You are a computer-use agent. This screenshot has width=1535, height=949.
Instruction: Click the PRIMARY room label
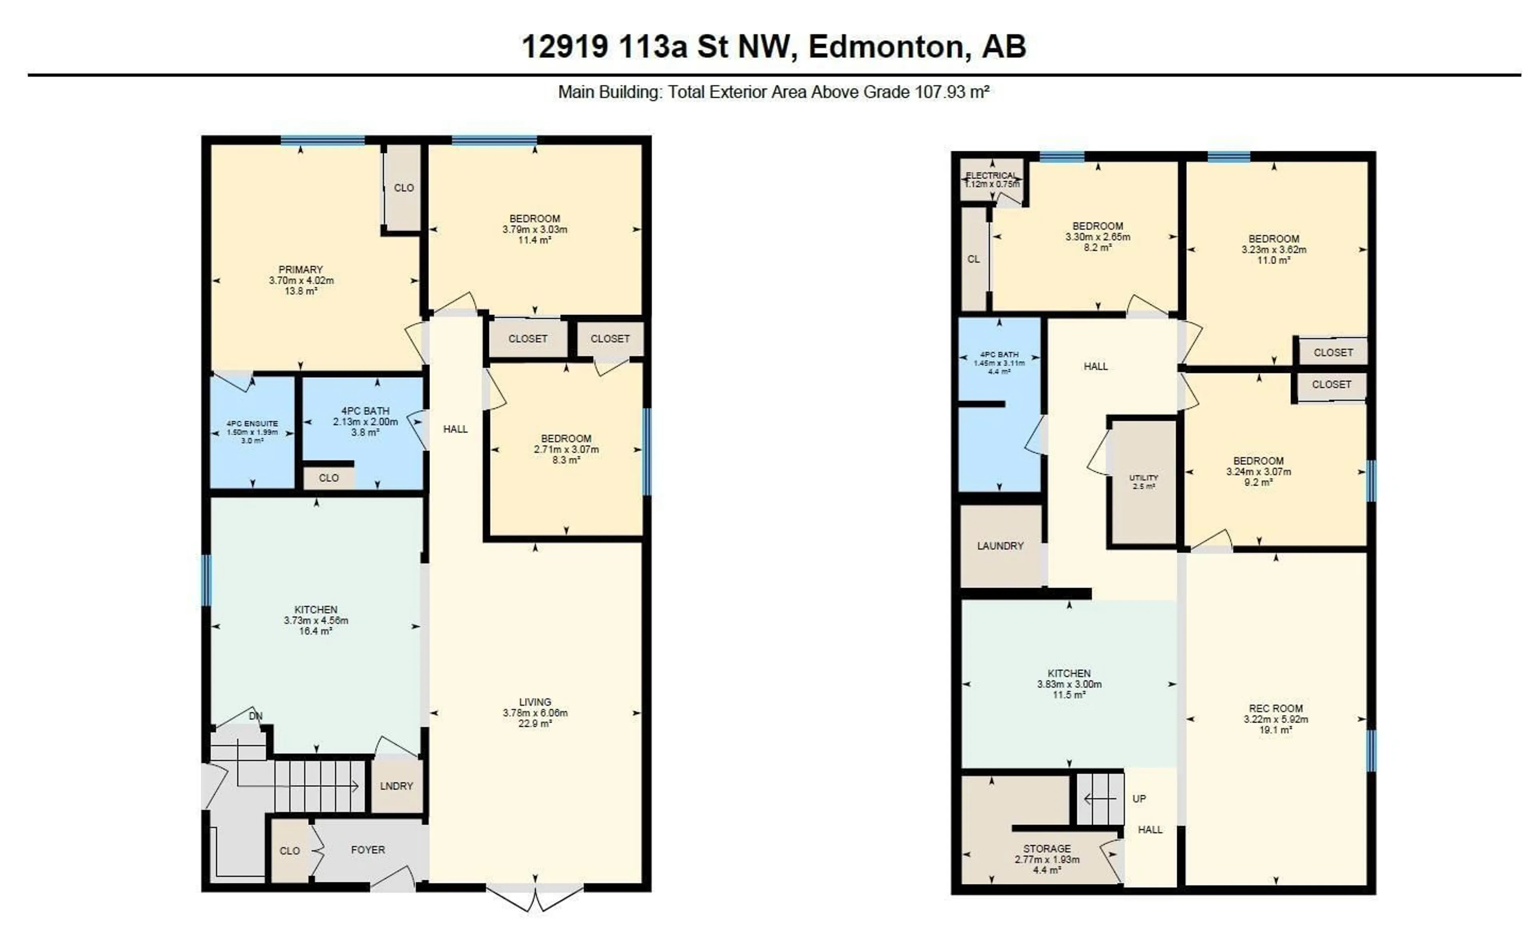(x=300, y=269)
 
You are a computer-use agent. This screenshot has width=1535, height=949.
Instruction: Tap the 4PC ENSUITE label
(x=252, y=424)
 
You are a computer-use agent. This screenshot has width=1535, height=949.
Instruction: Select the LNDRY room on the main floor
(x=396, y=786)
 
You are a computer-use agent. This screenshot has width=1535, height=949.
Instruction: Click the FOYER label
(x=368, y=850)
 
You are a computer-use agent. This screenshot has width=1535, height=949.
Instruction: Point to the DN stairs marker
(x=255, y=716)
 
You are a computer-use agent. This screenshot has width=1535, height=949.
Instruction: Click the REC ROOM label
(x=1275, y=708)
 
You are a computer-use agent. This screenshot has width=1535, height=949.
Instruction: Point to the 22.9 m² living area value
(x=535, y=724)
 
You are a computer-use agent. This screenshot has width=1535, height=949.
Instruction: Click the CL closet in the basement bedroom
(x=973, y=259)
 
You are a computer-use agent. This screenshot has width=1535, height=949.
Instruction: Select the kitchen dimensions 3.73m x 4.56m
(x=316, y=620)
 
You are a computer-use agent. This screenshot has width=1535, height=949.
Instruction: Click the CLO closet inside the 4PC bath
(x=328, y=477)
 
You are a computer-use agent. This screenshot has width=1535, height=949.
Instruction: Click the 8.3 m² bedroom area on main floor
(x=566, y=460)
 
